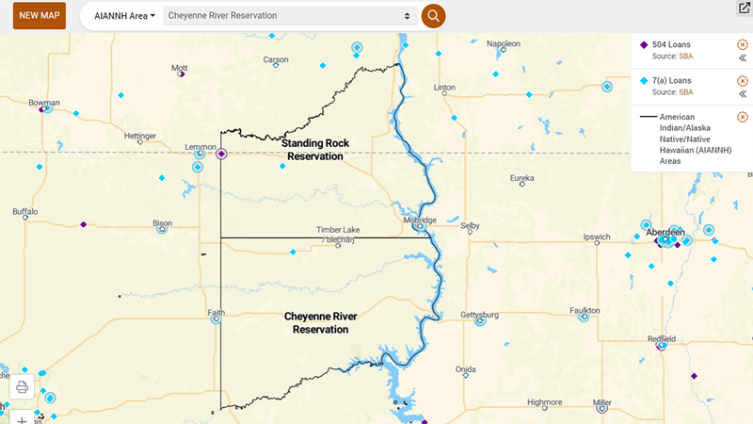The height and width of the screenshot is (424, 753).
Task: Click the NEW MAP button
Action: [x=39, y=16]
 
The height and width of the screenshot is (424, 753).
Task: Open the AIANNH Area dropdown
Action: [x=125, y=16]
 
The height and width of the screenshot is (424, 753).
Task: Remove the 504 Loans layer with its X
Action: [x=743, y=44]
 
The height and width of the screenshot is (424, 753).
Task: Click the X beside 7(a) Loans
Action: [x=743, y=81]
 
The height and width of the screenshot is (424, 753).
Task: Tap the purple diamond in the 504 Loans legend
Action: [x=644, y=44]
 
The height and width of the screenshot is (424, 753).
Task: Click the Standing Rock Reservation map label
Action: [x=315, y=150]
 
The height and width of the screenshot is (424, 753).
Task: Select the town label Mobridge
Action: [x=420, y=220]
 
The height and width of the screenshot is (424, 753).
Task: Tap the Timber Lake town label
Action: [x=338, y=230]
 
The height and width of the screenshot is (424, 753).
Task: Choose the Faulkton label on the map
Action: [x=585, y=310]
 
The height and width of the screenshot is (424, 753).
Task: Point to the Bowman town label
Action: [x=44, y=103]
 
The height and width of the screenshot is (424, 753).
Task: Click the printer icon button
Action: [x=23, y=386]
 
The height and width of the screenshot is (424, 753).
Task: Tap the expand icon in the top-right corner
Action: [x=743, y=8]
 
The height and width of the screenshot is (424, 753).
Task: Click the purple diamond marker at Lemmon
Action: [x=221, y=154]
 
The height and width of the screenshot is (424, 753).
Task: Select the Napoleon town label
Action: [x=504, y=43]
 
